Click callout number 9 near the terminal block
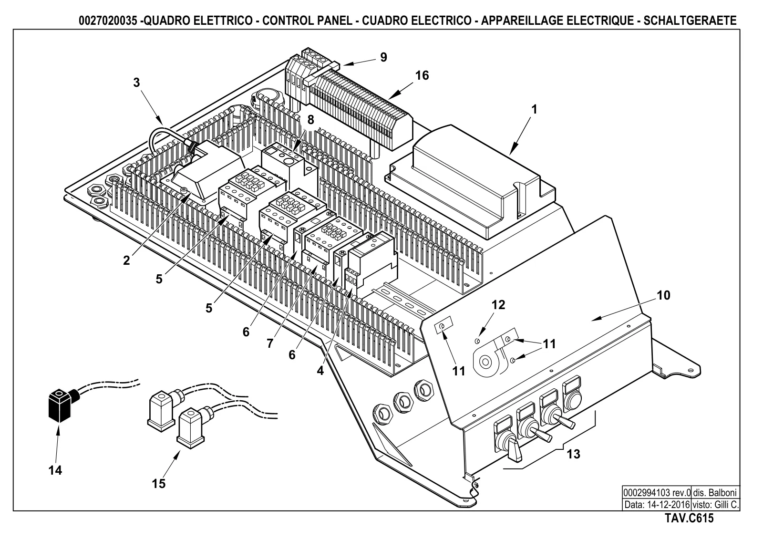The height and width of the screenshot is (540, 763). click(383, 57)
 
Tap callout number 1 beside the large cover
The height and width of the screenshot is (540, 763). click(534, 109)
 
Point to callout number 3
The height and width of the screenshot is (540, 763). click(136, 82)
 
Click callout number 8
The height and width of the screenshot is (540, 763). click(310, 120)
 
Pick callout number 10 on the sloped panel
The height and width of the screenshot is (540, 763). click(663, 295)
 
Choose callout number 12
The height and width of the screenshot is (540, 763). click(498, 304)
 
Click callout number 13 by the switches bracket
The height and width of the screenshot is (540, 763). click(573, 454)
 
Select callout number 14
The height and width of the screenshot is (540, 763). click(55, 470)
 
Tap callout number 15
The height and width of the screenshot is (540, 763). click(159, 483)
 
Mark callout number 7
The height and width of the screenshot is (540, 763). click(270, 343)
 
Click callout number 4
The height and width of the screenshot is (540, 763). click(320, 371)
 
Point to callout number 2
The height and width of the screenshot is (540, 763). click(126, 260)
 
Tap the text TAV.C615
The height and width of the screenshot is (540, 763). click(689, 518)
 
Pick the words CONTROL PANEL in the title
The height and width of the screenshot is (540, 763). click(307, 21)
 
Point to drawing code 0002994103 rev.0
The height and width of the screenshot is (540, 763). click(657, 493)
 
